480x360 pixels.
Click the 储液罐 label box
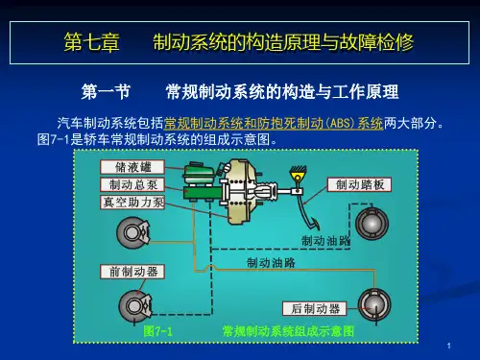click(132, 167)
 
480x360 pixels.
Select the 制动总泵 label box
click(132, 184)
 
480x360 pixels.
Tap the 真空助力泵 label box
click(132, 203)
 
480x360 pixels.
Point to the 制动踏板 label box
click(359, 184)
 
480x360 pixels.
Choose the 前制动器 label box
click(132, 272)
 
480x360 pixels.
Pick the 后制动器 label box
click(315, 309)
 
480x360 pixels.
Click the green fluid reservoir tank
click(199, 174)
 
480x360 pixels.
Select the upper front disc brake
click(133, 232)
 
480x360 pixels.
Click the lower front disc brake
click(135, 306)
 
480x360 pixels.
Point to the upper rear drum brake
click(372, 224)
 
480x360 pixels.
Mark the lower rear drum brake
click(374, 304)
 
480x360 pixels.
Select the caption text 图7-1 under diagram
click(157, 331)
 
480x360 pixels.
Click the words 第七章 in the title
click(92, 42)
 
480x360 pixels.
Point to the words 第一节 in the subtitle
click(106, 91)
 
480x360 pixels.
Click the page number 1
click(449, 346)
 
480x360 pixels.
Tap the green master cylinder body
click(203, 193)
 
